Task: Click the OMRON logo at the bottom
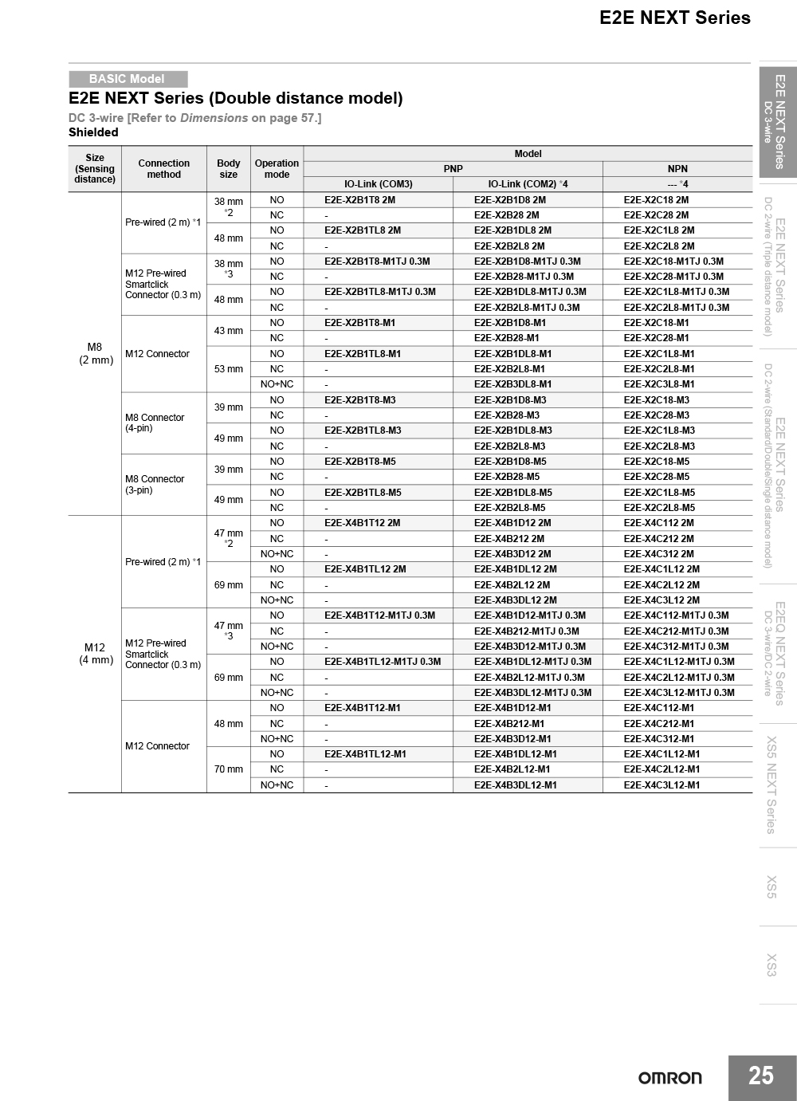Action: (669, 1078)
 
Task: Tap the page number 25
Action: (761, 1076)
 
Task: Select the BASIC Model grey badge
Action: (128, 79)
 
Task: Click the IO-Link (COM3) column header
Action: (378, 184)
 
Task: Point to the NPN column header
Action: (677, 169)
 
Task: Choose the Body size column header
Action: (229, 169)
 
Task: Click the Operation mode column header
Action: (277, 169)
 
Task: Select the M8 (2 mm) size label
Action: (96, 353)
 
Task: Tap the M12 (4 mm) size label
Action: (96, 654)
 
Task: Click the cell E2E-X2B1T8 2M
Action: (359, 200)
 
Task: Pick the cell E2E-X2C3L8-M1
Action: (659, 384)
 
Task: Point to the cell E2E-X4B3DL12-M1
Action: (516, 785)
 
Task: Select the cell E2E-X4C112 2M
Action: (658, 523)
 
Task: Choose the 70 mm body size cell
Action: (229, 769)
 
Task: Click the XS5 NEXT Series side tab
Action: (771, 785)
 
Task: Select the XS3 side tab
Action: (771, 965)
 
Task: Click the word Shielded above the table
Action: (93, 132)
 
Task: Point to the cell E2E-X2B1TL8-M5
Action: (363, 493)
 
